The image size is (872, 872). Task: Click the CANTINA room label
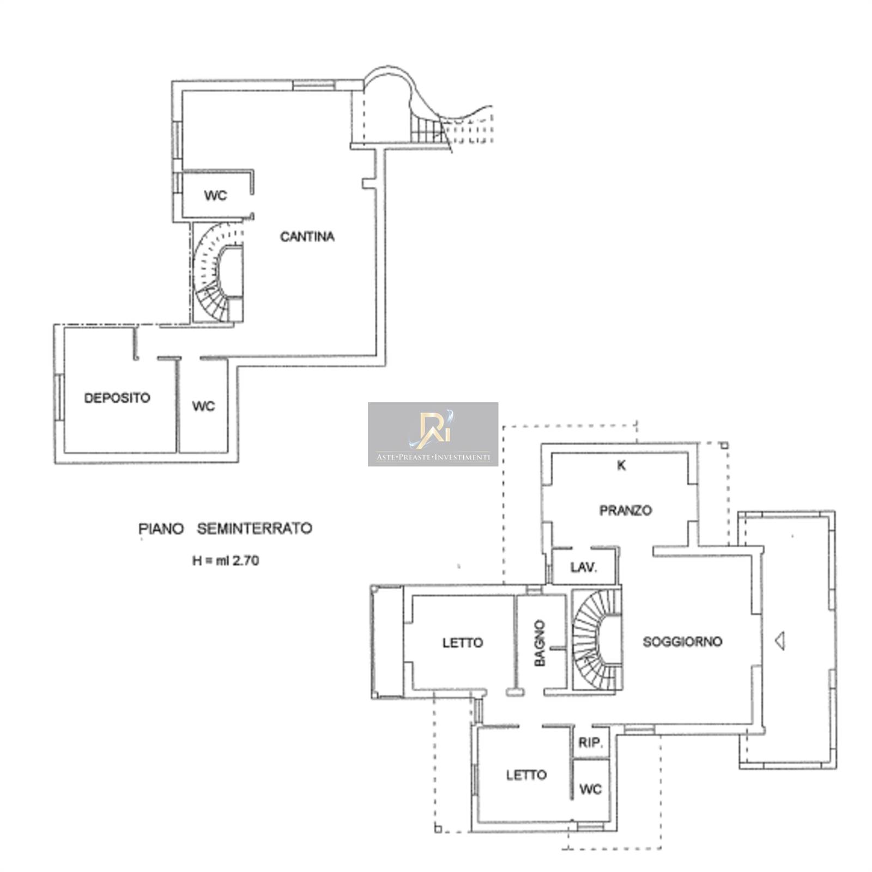[x=307, y=237]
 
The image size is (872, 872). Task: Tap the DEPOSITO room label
[x=117, y=398]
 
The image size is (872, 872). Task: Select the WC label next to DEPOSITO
[x=203, y=406]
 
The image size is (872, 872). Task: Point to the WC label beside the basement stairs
[x=215, y=196]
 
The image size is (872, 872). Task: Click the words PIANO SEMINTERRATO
[x=225, y=529]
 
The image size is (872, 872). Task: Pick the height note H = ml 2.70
[x=225, y=560]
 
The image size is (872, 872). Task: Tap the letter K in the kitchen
[x=621, y=465]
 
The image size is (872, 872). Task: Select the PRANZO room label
[x=625, y=511]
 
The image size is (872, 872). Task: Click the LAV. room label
[x=584, y=567]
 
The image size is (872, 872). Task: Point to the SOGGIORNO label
[x=682, y=641]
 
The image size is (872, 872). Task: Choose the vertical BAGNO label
[x=540, y=643]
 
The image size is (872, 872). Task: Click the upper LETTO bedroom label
[x=462, y=643]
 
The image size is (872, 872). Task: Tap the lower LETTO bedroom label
[x=526, y=774]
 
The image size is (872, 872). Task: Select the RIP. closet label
[x=589, y=743]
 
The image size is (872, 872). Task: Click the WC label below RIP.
[x=590, y=789]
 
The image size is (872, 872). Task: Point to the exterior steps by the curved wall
[x=428, y=129]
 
